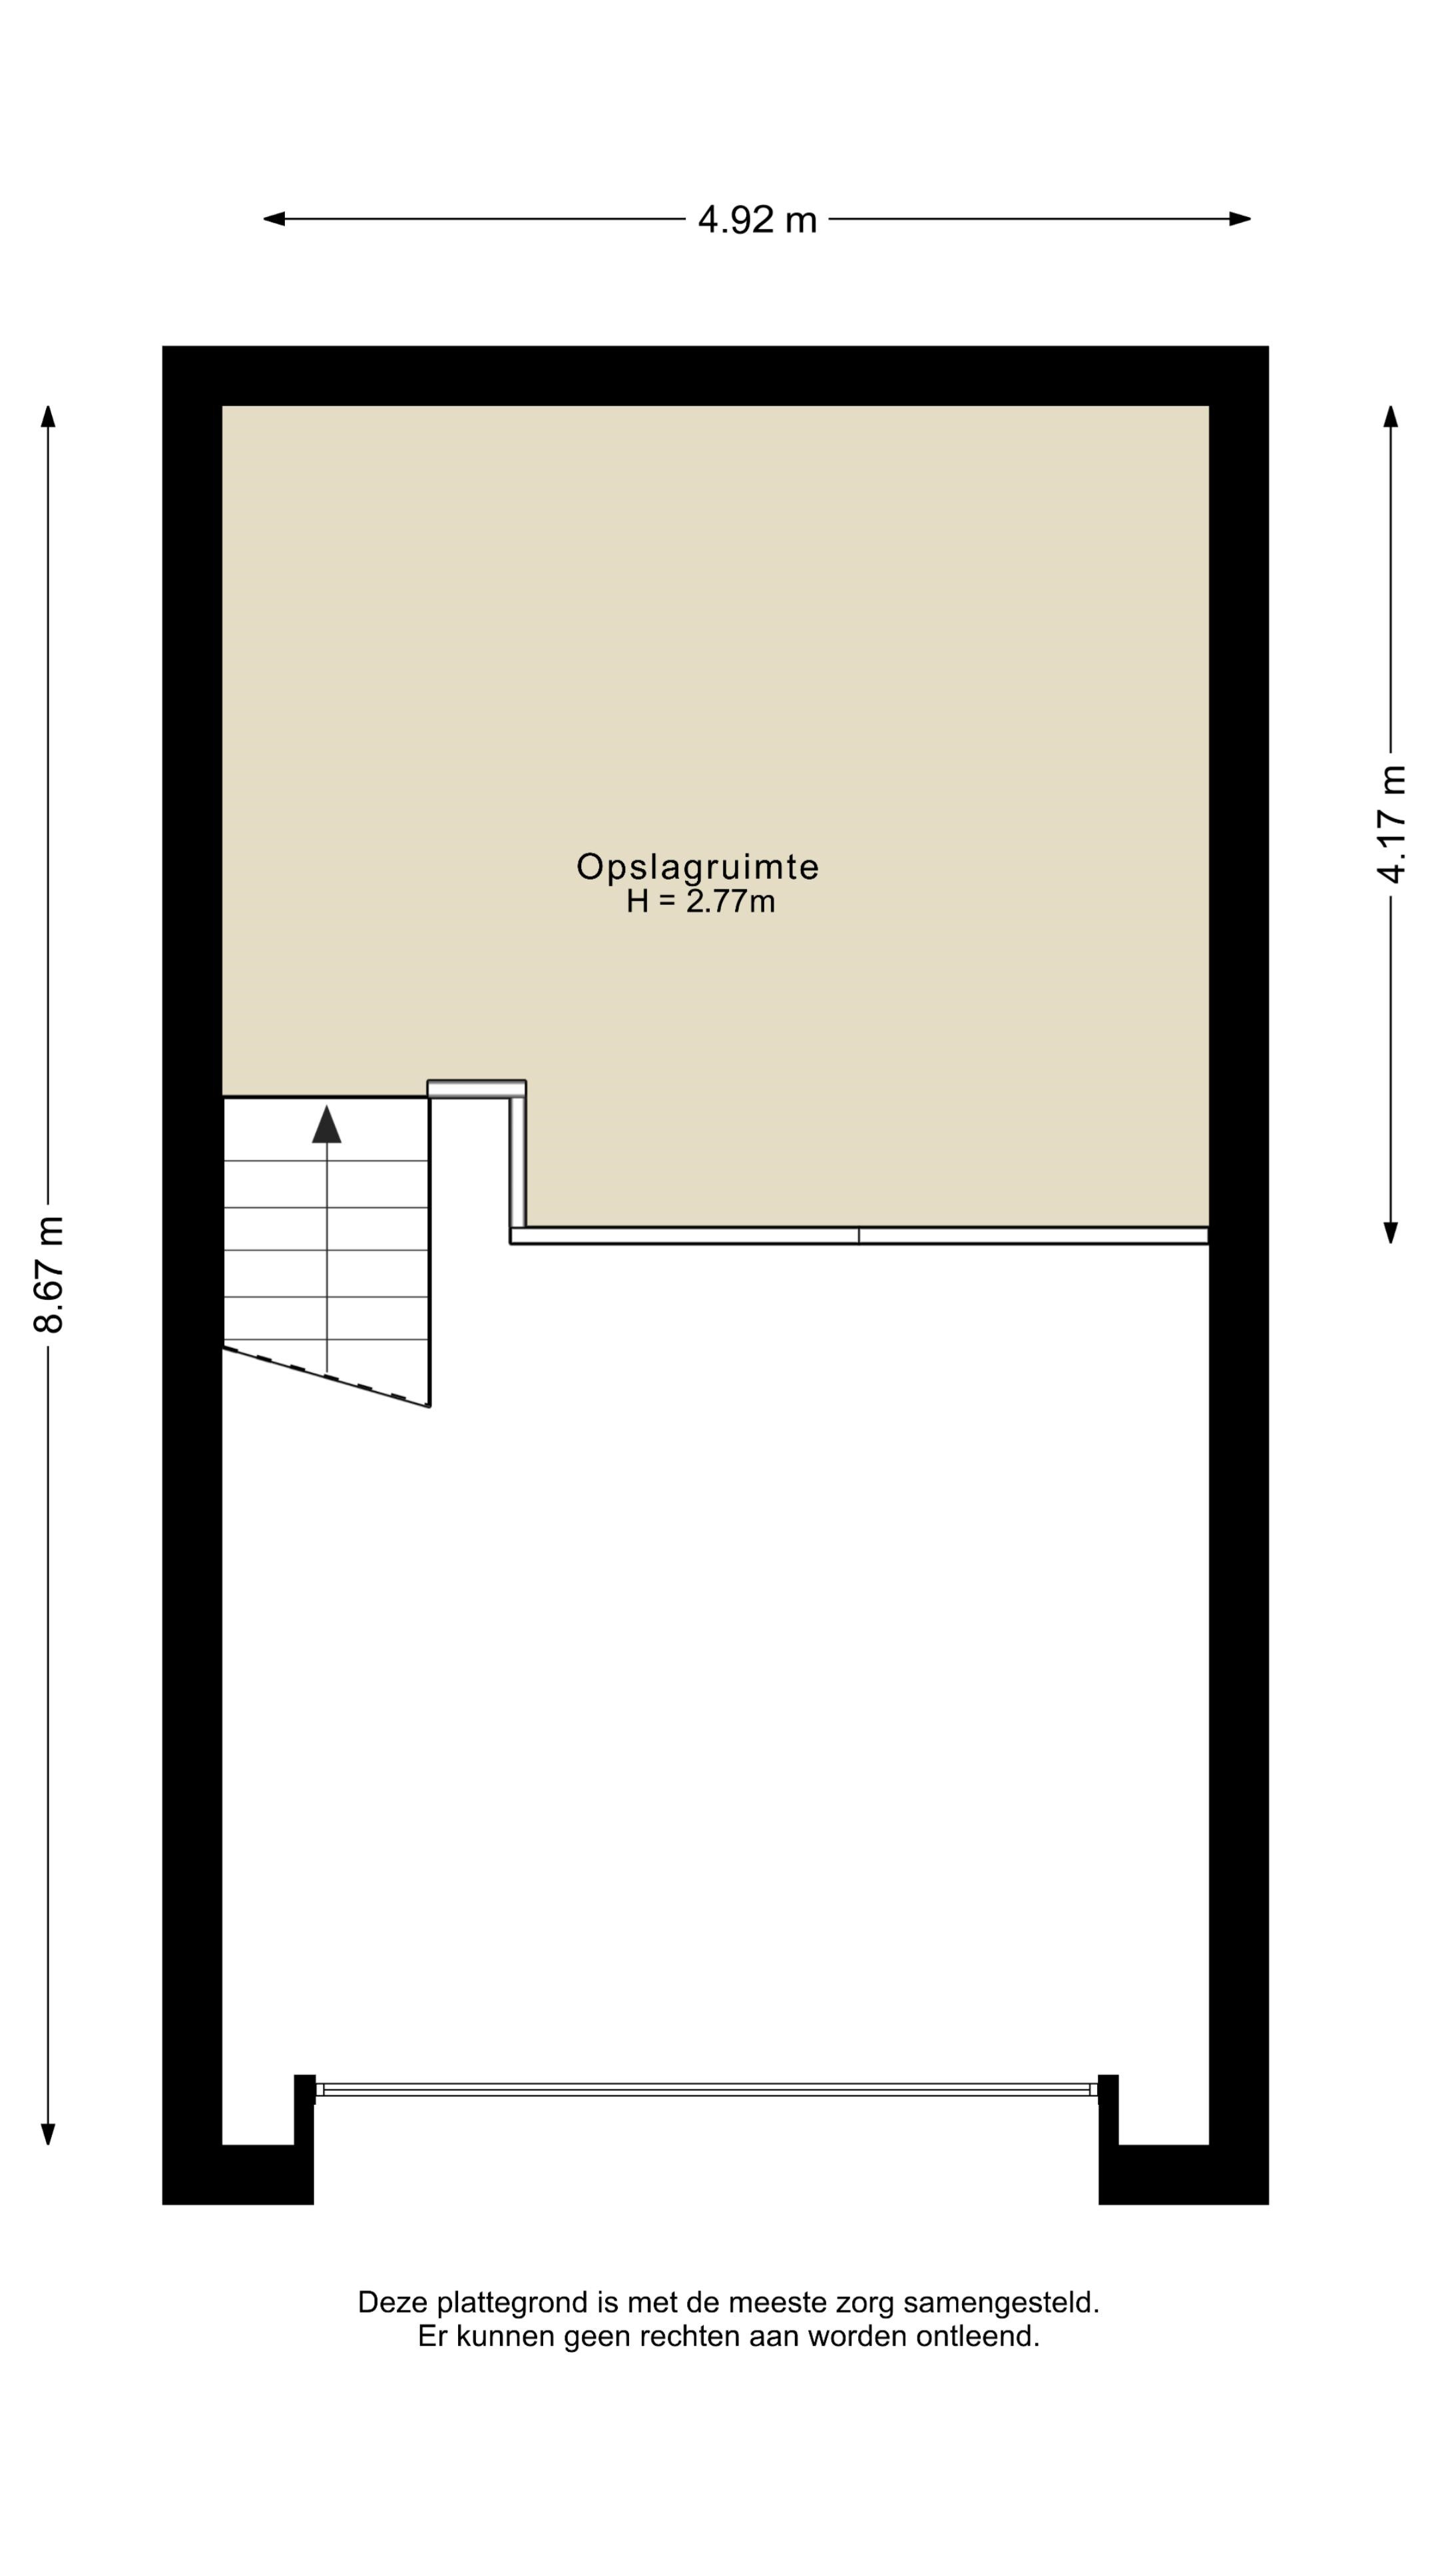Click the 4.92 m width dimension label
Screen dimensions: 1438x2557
[757, 219]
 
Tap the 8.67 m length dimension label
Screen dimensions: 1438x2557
[49, 1275]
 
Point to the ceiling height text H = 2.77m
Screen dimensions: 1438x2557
[700, 902]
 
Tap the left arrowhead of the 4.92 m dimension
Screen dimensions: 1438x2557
[274, 219]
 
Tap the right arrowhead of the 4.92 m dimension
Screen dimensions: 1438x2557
[1240, 219]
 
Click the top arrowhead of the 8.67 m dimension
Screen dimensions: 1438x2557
[48, 416]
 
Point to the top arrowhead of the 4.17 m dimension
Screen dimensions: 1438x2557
[1390, 416]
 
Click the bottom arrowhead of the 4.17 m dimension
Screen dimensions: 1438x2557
[1390, 1232]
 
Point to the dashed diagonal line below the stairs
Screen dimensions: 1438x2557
[326, 1377]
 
